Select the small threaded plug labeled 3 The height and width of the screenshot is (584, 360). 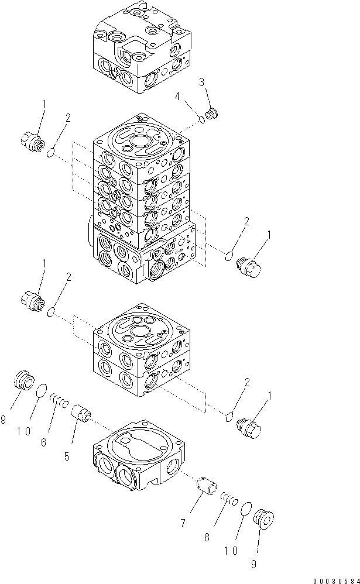[212, 113]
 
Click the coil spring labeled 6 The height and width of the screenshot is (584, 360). [60, 401]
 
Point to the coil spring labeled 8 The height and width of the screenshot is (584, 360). [228, 499]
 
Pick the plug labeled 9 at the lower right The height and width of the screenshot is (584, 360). [264, 518]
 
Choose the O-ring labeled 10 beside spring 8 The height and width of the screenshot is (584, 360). [246, 509]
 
